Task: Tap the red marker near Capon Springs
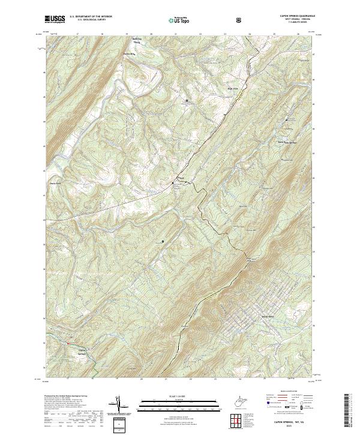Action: [68, 344]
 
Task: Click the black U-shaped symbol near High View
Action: [186, 100]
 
